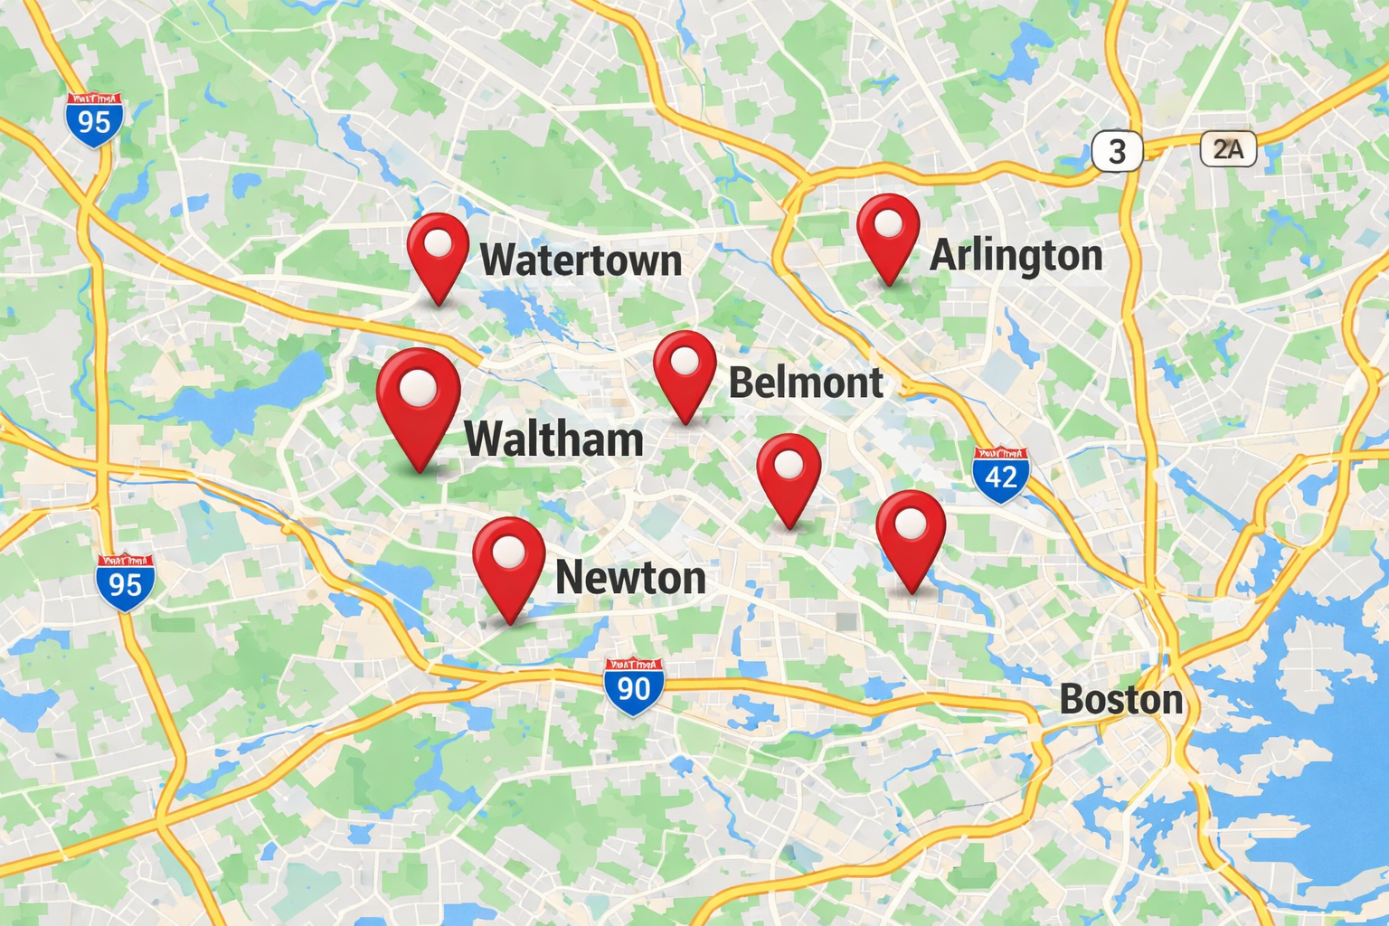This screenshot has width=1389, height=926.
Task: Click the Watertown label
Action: tap(581, 260)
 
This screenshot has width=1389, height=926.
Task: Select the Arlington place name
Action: tap(1016, 255)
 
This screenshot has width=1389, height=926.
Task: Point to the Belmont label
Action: tap(805, 383)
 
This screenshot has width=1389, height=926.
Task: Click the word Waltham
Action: tap(553, 439)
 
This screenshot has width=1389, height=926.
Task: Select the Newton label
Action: tap(630, 578)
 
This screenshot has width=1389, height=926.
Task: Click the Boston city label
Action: tap(1120, 700)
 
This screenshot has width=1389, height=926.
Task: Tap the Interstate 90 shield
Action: tap(633, 687)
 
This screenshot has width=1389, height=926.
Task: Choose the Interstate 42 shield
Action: tap(1000, 474)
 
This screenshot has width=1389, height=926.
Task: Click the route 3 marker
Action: tap(1117, 151)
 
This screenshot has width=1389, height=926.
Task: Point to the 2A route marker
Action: tap(1228, 149)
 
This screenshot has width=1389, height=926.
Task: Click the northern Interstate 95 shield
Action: tap(94, 119)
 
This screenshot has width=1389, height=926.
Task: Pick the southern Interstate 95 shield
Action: tap(125, 583)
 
